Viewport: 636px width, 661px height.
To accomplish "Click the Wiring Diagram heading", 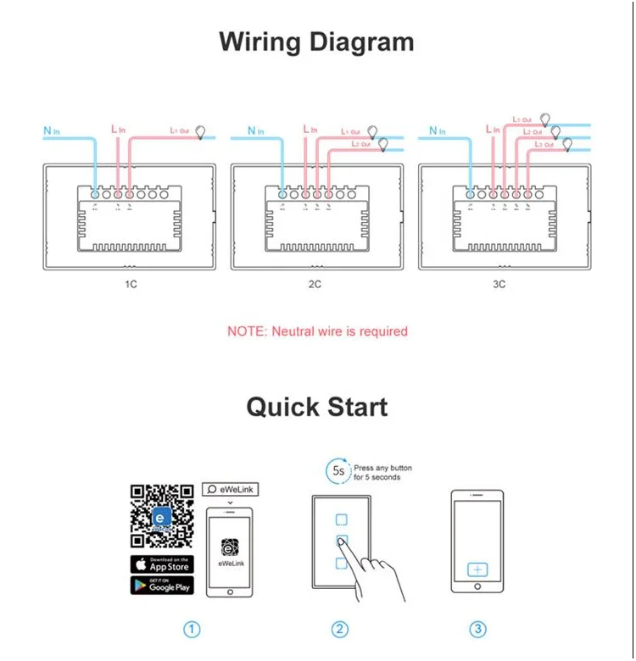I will point(317,42).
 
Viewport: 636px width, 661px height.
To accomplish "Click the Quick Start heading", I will point(317,407).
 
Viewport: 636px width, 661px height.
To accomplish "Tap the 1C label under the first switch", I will point(131,284).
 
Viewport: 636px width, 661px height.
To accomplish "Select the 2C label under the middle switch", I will point(315,284).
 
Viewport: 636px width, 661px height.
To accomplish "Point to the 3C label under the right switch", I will point(499,284).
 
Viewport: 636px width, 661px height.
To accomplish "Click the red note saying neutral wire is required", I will point(317,331).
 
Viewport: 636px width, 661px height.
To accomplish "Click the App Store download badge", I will point(161,564).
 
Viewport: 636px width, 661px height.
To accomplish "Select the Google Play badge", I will point(161,585).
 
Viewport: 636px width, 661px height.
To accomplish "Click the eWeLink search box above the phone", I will point(229,490).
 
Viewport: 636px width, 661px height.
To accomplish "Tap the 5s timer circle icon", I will point(338,470).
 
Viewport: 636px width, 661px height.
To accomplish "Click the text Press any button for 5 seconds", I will point(382,472).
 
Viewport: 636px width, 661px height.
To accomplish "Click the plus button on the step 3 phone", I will point(477,569).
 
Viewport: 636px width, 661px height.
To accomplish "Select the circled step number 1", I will point(192,629).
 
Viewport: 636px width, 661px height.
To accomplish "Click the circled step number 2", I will point(340,629).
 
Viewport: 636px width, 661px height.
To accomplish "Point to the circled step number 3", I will point(478,629).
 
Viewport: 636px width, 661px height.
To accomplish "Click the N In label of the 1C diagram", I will point(51,131).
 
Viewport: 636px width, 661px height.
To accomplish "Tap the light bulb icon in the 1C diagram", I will point(202,131).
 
